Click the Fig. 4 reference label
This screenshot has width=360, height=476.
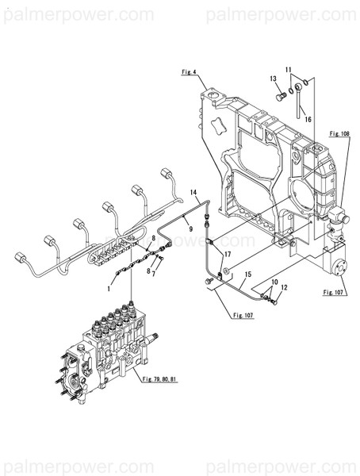point(189,72)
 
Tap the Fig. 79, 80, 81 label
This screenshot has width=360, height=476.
point(155,379)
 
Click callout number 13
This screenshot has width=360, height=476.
point(271,79)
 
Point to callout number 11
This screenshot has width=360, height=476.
point(289,70)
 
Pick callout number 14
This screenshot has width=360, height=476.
point(193,193)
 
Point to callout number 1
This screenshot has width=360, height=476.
point(109,290)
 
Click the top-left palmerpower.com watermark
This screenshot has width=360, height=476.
point(77,14)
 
